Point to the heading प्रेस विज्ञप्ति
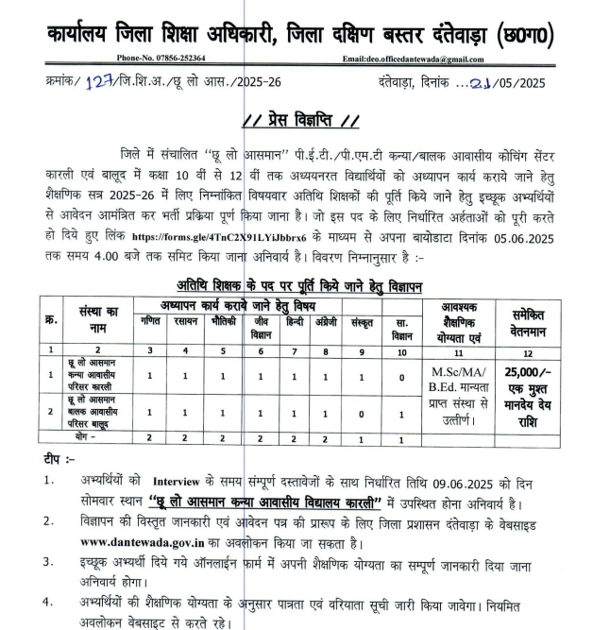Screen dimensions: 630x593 pos(300,121)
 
